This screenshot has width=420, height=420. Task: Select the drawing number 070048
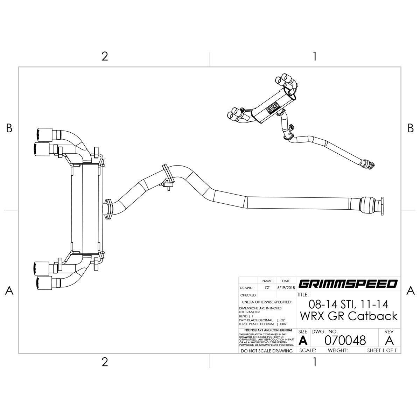345,340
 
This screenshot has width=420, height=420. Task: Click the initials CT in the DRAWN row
267,288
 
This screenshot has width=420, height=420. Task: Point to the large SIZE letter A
303,341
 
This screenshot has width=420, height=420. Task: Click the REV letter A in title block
389,340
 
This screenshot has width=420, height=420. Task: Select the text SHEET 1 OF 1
382,350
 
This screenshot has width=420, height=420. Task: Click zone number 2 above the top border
104,56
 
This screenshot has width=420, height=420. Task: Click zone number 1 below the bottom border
315,362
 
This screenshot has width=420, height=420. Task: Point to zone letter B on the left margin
9,128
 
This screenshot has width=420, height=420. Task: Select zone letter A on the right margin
411,290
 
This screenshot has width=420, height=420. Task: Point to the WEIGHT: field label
338,350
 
